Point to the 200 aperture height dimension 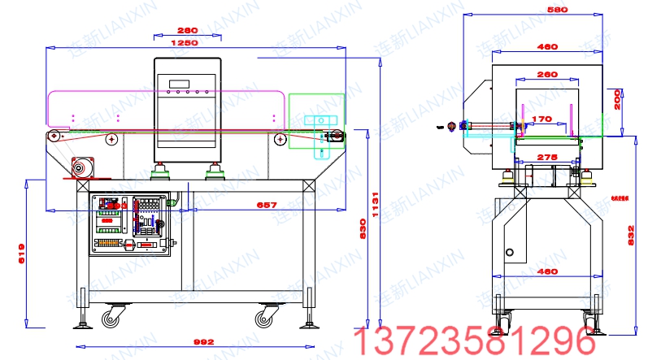pos(617,99)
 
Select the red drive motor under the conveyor pos(81,168)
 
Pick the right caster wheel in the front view pos(265,315)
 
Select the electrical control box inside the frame pos(130,223)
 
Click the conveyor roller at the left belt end pos(54,136)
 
